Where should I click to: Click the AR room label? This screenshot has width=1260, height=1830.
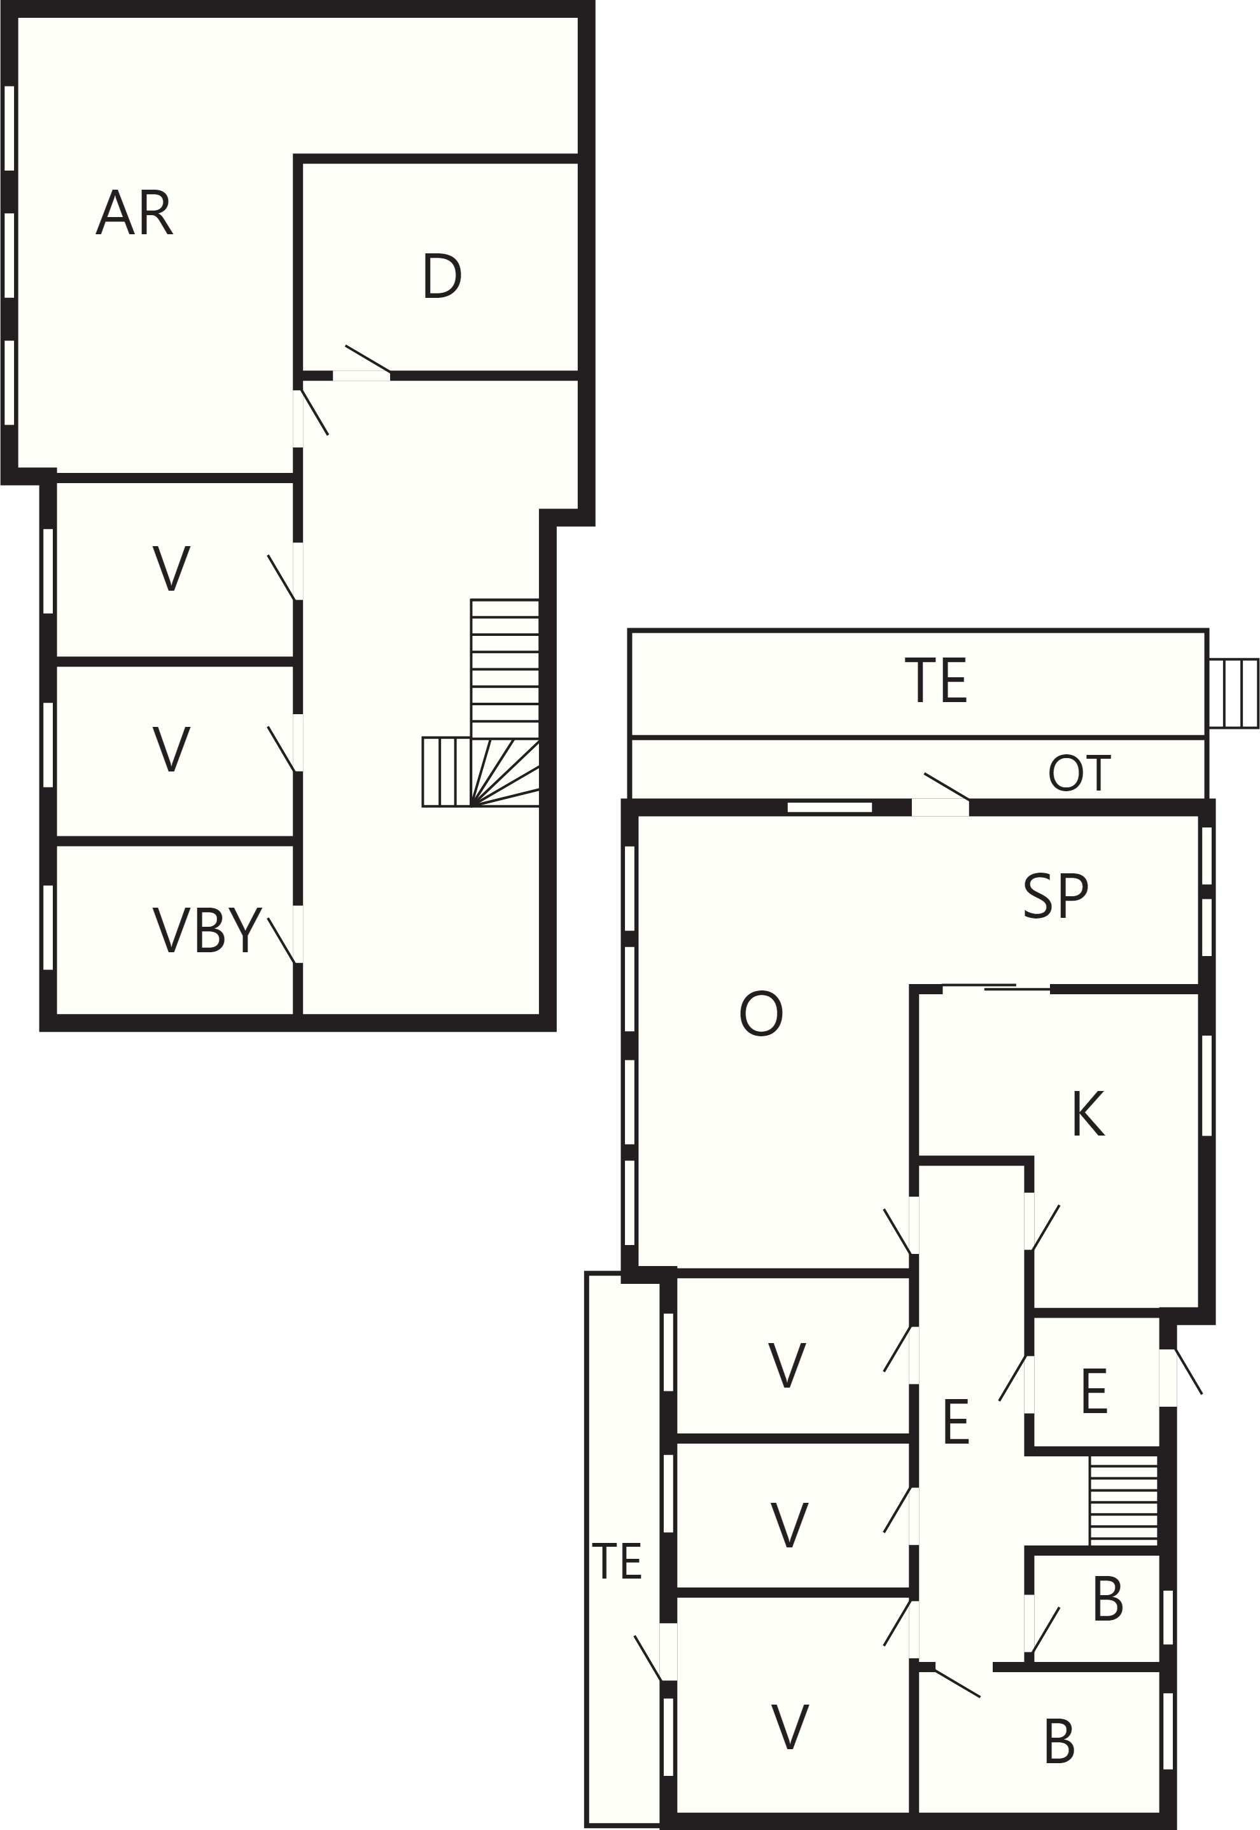pyautogui.click(x=134, y=213)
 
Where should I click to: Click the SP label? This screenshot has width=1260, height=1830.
pyautogui.click(x=1056, y=896)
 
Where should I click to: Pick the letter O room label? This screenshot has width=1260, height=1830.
pyautogui.click(x=761, y=1015)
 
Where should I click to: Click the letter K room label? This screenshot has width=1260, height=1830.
pyautogui.click(x=1088, y=1114)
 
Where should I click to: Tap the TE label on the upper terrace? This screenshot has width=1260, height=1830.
pyautogui.click(x=935, y=680)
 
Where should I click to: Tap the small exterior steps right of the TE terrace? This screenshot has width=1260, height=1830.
pyautogui.click(x=1233, y=693)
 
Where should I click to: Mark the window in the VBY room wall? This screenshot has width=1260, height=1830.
pyautogui.click(x=48, y=927)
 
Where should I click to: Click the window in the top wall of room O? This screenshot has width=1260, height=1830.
pyautogui.click(x=830, y=807)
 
